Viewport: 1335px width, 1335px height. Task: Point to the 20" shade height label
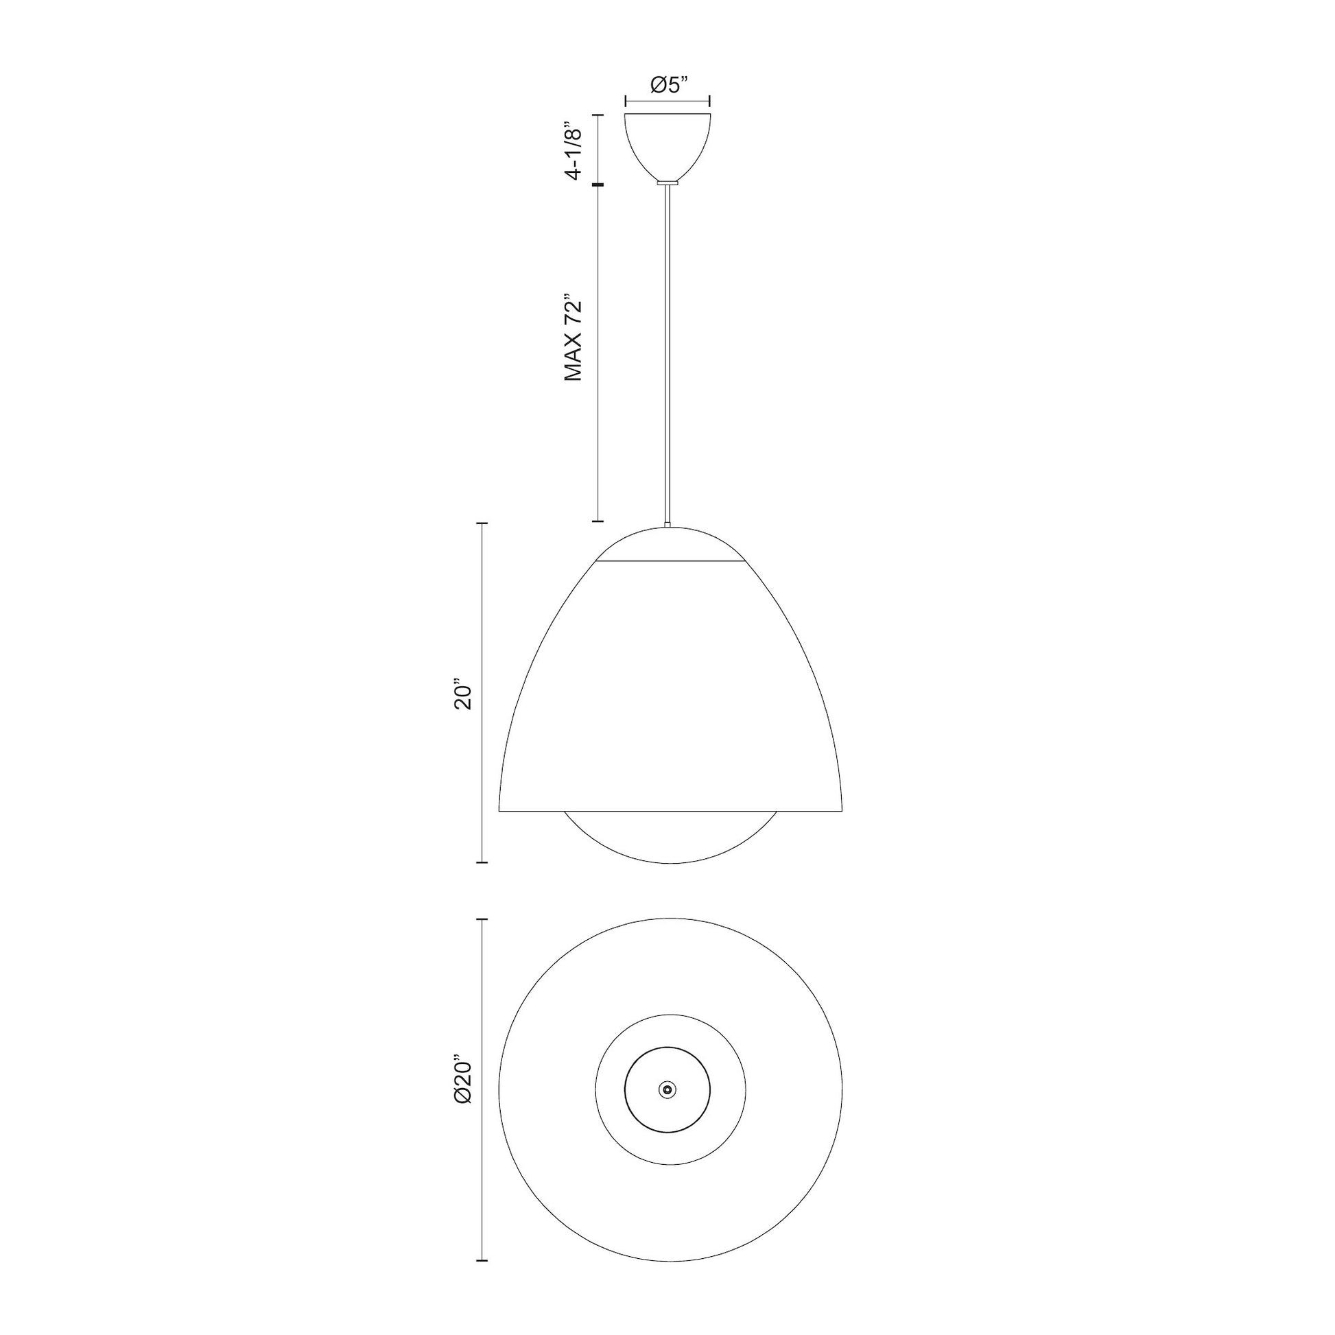[x=461, y=697]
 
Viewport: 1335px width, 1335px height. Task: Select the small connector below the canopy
[x=667, y=182]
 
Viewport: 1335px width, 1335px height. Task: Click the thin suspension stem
[x=667, y=346]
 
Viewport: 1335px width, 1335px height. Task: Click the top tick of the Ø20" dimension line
[x=483, y=920]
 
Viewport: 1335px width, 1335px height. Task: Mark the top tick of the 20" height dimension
[x=483, y=524]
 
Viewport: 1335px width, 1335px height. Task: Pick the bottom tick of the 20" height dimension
[x=483, y=862]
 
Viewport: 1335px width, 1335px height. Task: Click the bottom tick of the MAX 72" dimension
[x=598, y=521]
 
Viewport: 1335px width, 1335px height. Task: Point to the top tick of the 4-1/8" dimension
[x=598, y=115]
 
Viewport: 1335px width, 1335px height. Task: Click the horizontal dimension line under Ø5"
[x=667, y=101]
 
